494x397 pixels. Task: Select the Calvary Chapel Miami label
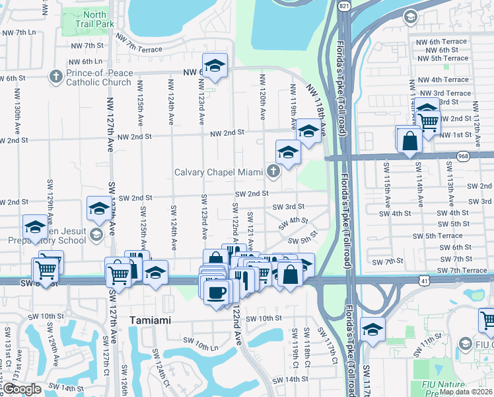tap(218, 172)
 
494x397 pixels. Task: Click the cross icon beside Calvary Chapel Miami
tap(273, 172)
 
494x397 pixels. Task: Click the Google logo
tap(21, 389)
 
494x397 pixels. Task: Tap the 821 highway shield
tap(342, 5)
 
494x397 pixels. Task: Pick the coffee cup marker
tap(217, 290)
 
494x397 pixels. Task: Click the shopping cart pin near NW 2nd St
tap(428, 120)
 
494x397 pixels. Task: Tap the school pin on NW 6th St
tap(215, 65)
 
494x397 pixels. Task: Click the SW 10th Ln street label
tap(201, 344)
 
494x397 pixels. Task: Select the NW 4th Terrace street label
tap(444, 79)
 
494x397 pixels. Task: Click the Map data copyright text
tap(465, 391)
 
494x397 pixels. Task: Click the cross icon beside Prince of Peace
tap(55, 78)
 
